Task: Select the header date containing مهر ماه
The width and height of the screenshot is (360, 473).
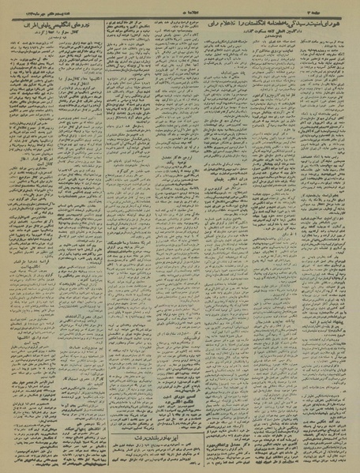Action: [36, 6]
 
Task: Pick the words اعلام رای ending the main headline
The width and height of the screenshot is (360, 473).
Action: [221, 20]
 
